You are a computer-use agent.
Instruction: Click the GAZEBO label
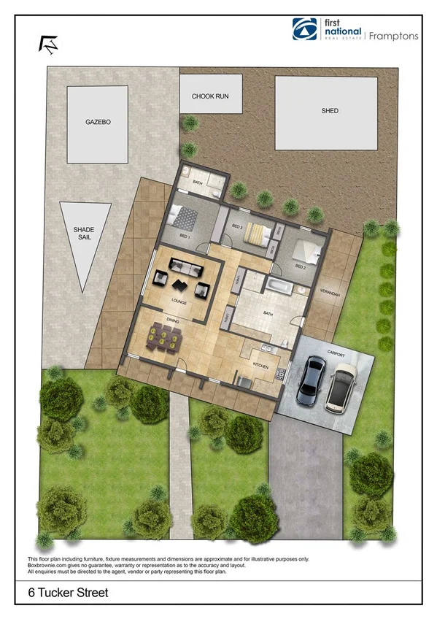pyautogui.click(x=97, y=123)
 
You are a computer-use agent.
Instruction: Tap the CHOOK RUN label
pyautogui.click(x=210, y=96)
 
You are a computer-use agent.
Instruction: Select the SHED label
pyautogui.click(x=330, y=111)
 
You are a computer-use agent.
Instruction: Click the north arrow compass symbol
pyautogui.click(x=48, y=43)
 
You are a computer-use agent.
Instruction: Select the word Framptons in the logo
pyautogui.click(x=394, y=35)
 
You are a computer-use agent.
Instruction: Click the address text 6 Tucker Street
pyautogui.click(x=58, y=593)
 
